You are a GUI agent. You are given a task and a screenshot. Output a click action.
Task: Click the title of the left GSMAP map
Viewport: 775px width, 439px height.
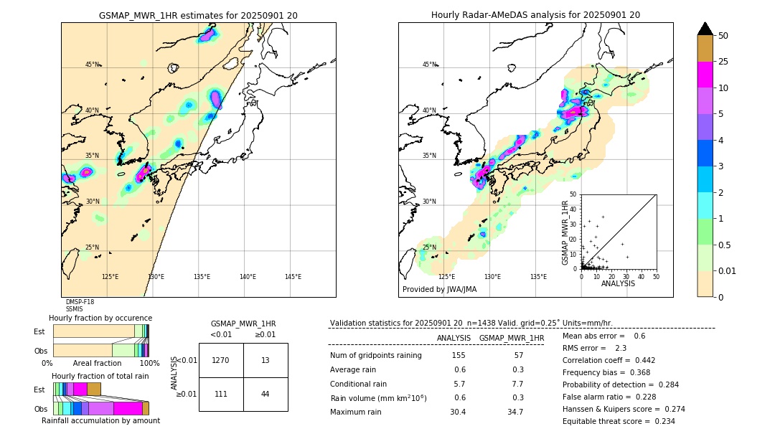click(198, 15)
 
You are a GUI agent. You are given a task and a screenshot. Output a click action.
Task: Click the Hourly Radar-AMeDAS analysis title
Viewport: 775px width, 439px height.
click(535, 15)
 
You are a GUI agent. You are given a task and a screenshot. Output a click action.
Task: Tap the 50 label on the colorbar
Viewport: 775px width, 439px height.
click(723, 36)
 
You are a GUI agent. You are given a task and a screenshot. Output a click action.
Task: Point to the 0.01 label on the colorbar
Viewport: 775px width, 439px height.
click(728, 270)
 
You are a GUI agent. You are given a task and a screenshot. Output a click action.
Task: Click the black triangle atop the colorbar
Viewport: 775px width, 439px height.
click(705, 29)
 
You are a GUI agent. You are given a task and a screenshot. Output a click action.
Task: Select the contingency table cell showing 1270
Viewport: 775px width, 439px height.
click(221, 360)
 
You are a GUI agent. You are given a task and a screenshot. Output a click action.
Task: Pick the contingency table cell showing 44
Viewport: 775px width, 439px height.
click(265, 394)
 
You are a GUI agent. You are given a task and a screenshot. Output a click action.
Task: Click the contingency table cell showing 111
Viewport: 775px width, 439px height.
click(221, 394)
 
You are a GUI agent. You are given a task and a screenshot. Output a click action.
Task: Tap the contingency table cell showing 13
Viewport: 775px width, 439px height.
click(265, 360)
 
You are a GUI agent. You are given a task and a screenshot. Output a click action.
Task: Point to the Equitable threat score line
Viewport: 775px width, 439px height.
click(619, 421)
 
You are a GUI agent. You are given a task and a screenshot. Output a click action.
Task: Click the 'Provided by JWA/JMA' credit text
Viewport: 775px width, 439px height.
click(439, 290)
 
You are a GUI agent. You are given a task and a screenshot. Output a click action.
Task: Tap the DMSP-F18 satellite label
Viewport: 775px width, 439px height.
click(80, 302)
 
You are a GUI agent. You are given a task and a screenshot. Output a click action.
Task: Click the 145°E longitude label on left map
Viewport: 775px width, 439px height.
click(293, 277)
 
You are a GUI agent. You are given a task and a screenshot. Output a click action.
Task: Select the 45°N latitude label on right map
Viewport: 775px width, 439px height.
click(429, 65)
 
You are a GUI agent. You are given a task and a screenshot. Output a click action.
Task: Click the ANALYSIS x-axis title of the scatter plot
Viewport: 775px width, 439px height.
click(618, 283)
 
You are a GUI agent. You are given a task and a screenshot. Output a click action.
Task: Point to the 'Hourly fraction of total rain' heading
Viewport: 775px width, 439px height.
click(100, 376)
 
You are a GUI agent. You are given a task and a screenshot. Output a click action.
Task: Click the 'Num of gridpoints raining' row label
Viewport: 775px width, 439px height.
click(375, 356)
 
